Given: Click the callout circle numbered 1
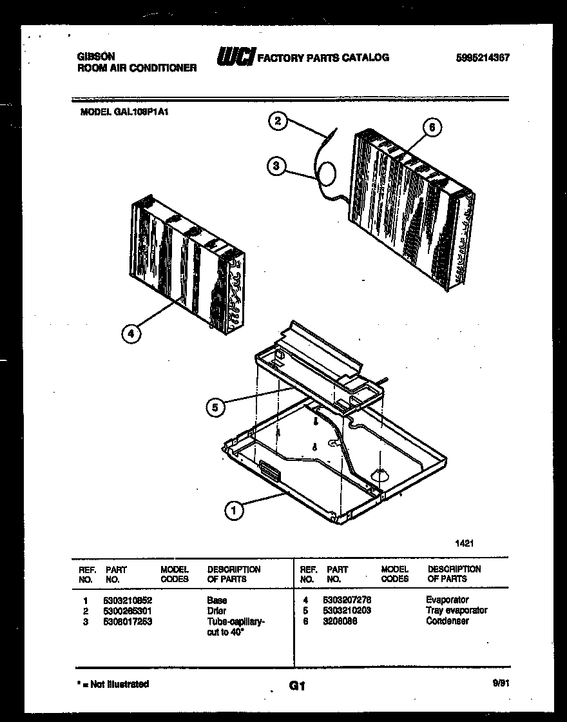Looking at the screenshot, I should (235, 511).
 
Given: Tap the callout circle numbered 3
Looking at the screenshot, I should (276, 166).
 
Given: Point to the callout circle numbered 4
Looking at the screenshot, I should (131, 333).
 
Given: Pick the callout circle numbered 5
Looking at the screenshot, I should (216, 407).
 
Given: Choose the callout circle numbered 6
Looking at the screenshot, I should (432, 128).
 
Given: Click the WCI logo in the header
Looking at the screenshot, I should (236, 57).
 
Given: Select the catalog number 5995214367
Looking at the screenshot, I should (483, 57).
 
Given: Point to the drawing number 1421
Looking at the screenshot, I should (465, 543).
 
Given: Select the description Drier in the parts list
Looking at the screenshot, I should (216, 610).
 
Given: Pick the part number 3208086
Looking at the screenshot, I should (340, 621).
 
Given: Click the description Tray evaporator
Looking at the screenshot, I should (456, 610).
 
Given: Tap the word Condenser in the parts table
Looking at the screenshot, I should (447, 621).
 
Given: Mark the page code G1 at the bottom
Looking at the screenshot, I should (296, 687).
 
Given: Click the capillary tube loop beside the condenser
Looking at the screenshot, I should (327, 173).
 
